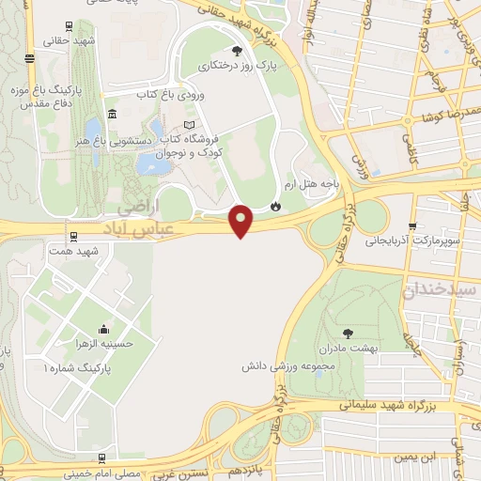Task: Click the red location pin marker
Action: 241,221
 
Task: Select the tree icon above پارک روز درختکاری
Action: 236,52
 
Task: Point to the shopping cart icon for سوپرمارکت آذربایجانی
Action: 412,226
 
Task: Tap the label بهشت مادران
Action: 349,348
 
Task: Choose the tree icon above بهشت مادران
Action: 349,333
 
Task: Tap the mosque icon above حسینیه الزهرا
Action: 101,330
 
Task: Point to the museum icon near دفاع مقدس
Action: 112,114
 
